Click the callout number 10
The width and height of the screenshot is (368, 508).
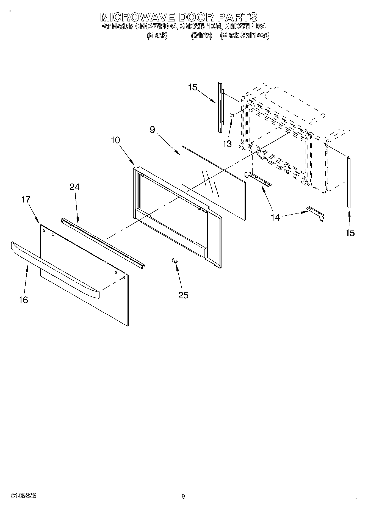(115, 140)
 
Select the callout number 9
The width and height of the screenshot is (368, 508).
(153, 130)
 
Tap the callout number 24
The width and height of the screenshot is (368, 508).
(74, 187)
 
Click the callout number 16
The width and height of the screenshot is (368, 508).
(24, 300)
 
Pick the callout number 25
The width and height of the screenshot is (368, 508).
(183, 295)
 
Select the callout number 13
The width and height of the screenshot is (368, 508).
(227, 144)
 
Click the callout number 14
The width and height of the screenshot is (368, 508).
(275, 217)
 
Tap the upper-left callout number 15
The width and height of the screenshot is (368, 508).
(193, 87)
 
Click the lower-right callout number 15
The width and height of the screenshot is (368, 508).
(350, 233)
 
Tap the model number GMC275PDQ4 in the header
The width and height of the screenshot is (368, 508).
(200, 27)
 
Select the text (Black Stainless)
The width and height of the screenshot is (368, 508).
(245, 35)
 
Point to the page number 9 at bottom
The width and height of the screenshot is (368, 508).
(184, 496)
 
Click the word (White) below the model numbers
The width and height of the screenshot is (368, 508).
(201, 35)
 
